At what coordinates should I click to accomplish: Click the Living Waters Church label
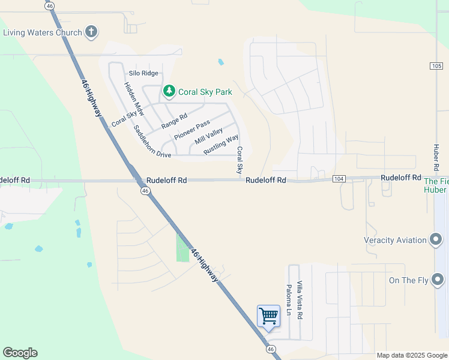pos(42,32)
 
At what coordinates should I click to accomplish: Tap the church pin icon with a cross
pos(91,32)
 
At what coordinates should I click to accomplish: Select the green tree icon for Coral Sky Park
pos(169,92)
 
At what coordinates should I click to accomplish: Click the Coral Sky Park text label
pos(205,92)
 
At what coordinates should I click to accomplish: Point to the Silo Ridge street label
pos(143,73)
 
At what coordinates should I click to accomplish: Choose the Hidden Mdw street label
pos(134,98)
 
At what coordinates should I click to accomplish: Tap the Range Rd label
pos(175,121)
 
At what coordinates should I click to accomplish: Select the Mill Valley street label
pos(209,136)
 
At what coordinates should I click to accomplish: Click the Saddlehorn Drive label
pos(152,142)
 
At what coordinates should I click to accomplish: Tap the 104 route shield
pos(339,179)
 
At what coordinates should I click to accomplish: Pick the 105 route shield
pos(436,65)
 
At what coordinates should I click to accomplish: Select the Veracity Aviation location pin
pos(437,240)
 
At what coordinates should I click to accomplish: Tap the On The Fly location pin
pos(438,280)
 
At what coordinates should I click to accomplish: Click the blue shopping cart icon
pos(268,315)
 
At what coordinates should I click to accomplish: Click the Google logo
pos(20,353)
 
